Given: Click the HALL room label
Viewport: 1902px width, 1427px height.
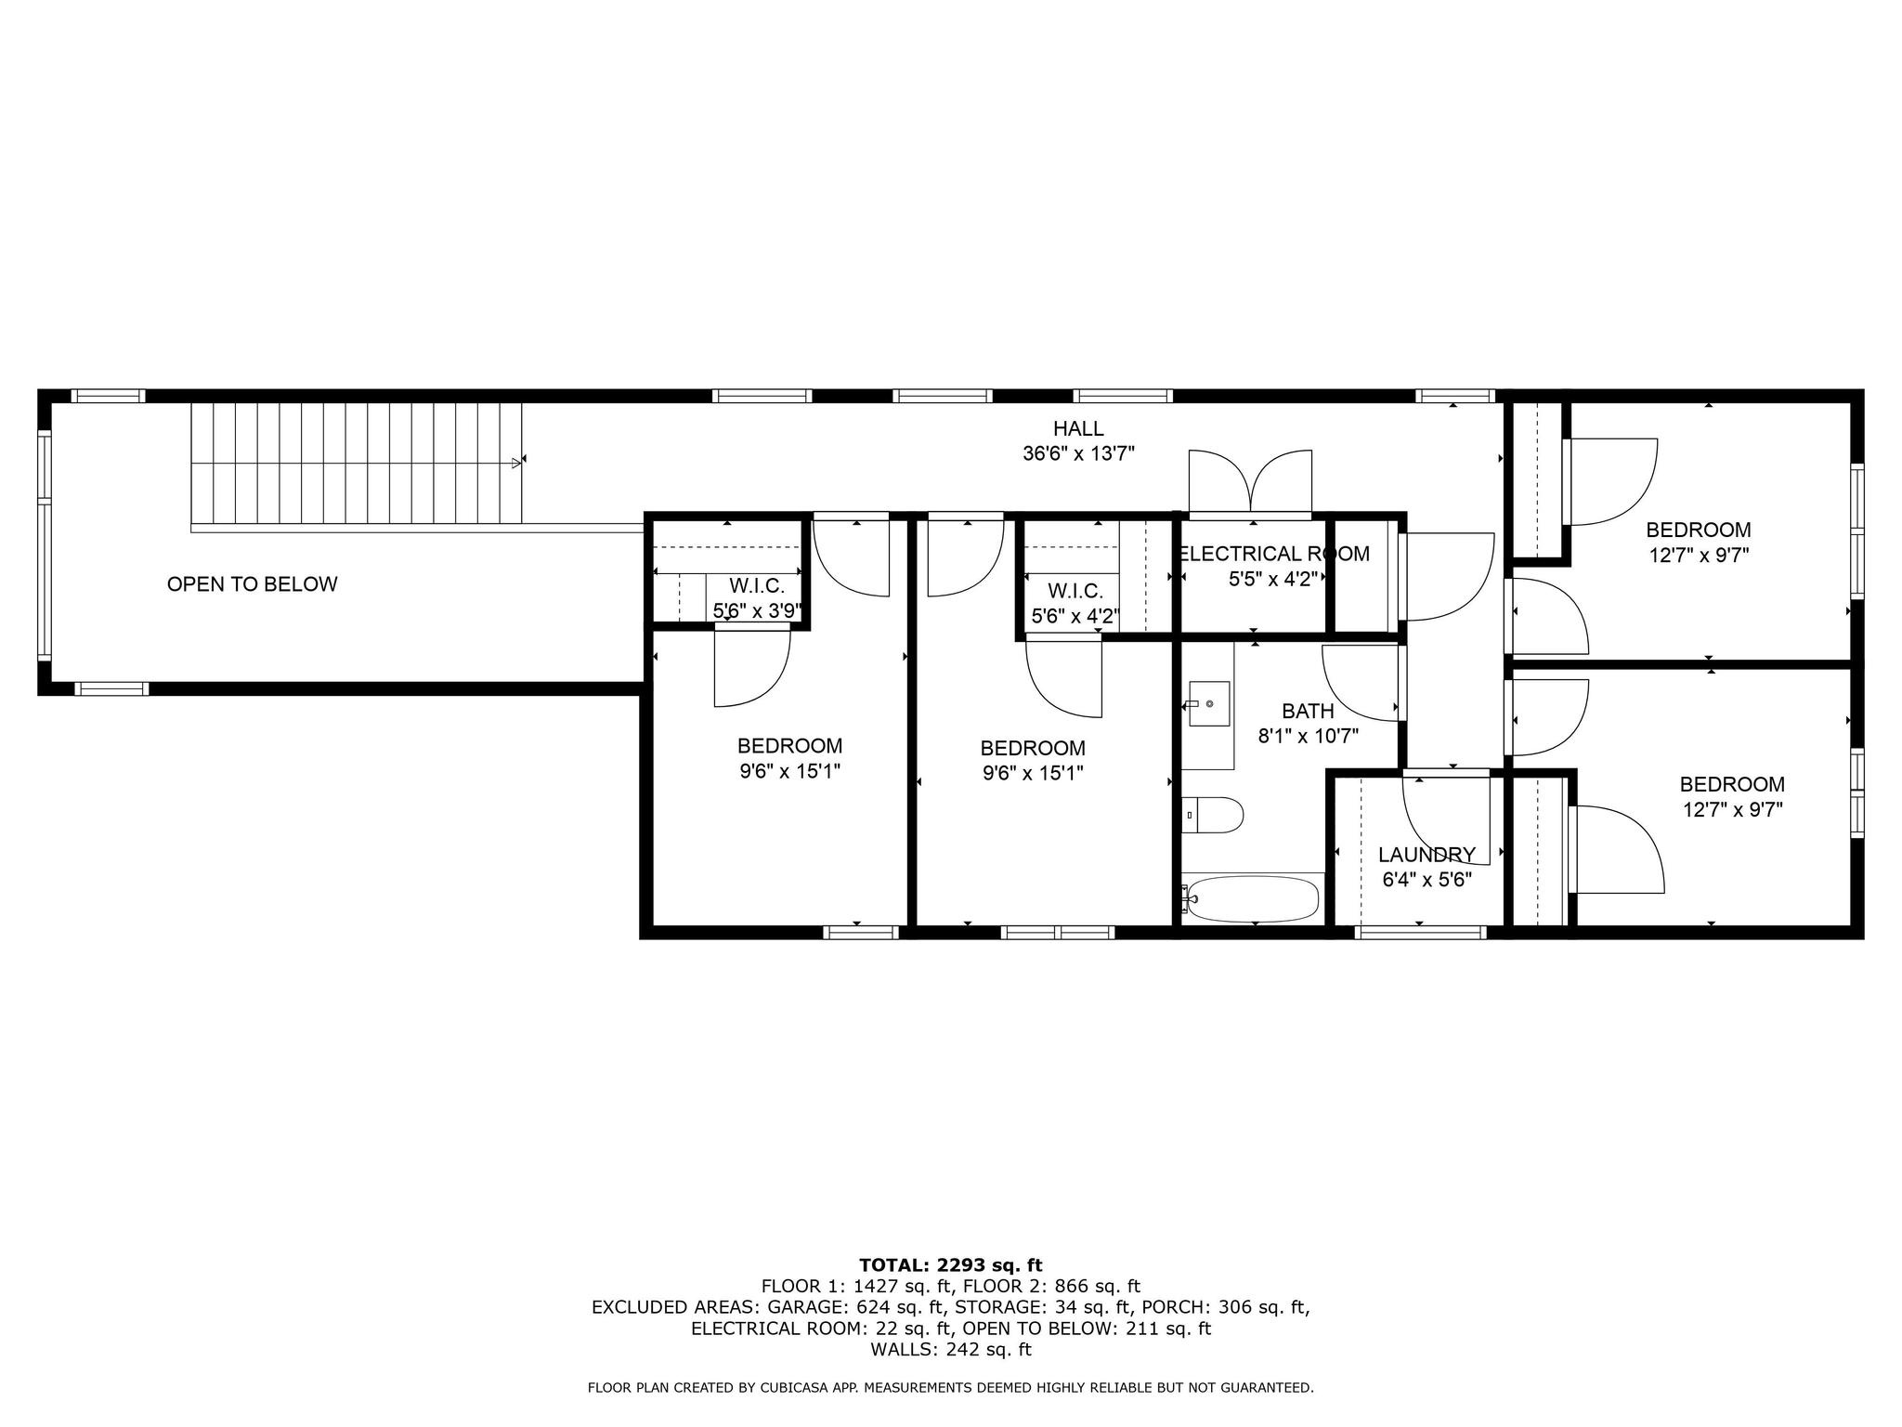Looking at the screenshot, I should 1077,428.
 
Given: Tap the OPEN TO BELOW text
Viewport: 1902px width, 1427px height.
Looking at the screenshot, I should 252,584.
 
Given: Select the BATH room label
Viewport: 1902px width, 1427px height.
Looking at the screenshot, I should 1308,712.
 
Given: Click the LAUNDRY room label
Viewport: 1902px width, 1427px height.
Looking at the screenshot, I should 1426,855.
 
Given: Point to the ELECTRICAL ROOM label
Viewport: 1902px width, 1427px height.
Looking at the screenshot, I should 1273,555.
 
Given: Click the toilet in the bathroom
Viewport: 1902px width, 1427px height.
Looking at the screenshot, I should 1217,816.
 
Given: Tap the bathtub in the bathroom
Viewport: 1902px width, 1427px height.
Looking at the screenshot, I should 1253,899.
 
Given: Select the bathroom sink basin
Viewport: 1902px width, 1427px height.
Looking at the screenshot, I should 1209,705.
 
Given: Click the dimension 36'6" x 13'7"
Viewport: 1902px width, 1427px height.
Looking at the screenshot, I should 1077,454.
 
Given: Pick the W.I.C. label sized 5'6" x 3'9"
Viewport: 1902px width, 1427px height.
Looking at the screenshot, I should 757,586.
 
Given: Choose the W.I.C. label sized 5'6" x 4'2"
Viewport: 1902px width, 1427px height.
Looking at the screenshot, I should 1075,591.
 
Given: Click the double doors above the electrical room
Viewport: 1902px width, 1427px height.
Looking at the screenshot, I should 1250,481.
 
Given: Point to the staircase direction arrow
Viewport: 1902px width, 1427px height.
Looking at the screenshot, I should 516,462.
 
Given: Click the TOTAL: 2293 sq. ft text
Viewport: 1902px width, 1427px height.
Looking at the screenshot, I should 950,1264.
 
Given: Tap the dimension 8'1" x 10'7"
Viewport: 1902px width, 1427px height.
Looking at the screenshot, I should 1308,737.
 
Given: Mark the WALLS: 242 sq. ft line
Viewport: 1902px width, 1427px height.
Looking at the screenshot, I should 950,1349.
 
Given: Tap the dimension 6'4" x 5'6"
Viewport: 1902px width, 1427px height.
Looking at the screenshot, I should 1426,880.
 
